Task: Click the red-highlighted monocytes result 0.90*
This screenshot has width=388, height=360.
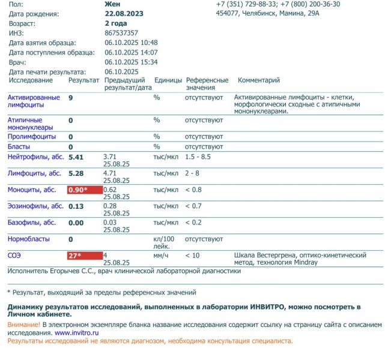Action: [85, 190]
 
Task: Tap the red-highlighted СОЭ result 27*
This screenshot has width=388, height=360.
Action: [85, 255]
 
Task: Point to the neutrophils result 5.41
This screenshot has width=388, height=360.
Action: [77, 157]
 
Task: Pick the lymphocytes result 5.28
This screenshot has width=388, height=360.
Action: [77, 173]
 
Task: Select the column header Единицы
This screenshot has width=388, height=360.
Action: [168, 80]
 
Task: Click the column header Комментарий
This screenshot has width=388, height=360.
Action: [259, 80]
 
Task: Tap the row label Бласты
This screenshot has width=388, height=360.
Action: [19, 146]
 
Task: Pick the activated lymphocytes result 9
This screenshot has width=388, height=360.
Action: [71, 97]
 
